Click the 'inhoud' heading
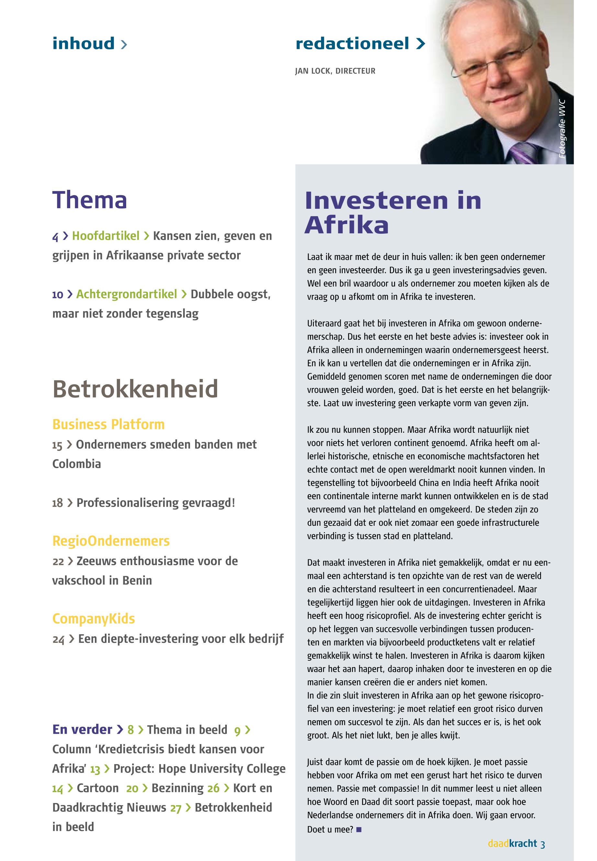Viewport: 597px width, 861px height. (83, 43)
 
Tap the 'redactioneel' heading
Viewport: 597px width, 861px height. (352, 44)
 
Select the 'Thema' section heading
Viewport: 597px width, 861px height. (90, 200)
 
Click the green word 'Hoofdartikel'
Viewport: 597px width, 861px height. (105, 236)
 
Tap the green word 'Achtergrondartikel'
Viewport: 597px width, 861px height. (127, 294)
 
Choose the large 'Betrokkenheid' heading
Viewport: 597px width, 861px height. (135, 389)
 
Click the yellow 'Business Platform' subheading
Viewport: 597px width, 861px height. (108, 424)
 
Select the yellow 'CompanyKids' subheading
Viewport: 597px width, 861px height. (94, 619)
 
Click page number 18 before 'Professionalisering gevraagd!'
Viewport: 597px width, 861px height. (57, 503)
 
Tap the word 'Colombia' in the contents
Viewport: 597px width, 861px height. (77, 464)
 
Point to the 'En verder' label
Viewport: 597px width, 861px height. (82, 730)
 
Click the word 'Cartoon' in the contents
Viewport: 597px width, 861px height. (98, 788)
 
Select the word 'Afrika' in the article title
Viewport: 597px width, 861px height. (346, 225)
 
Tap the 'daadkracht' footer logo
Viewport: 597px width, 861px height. (512, 844)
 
